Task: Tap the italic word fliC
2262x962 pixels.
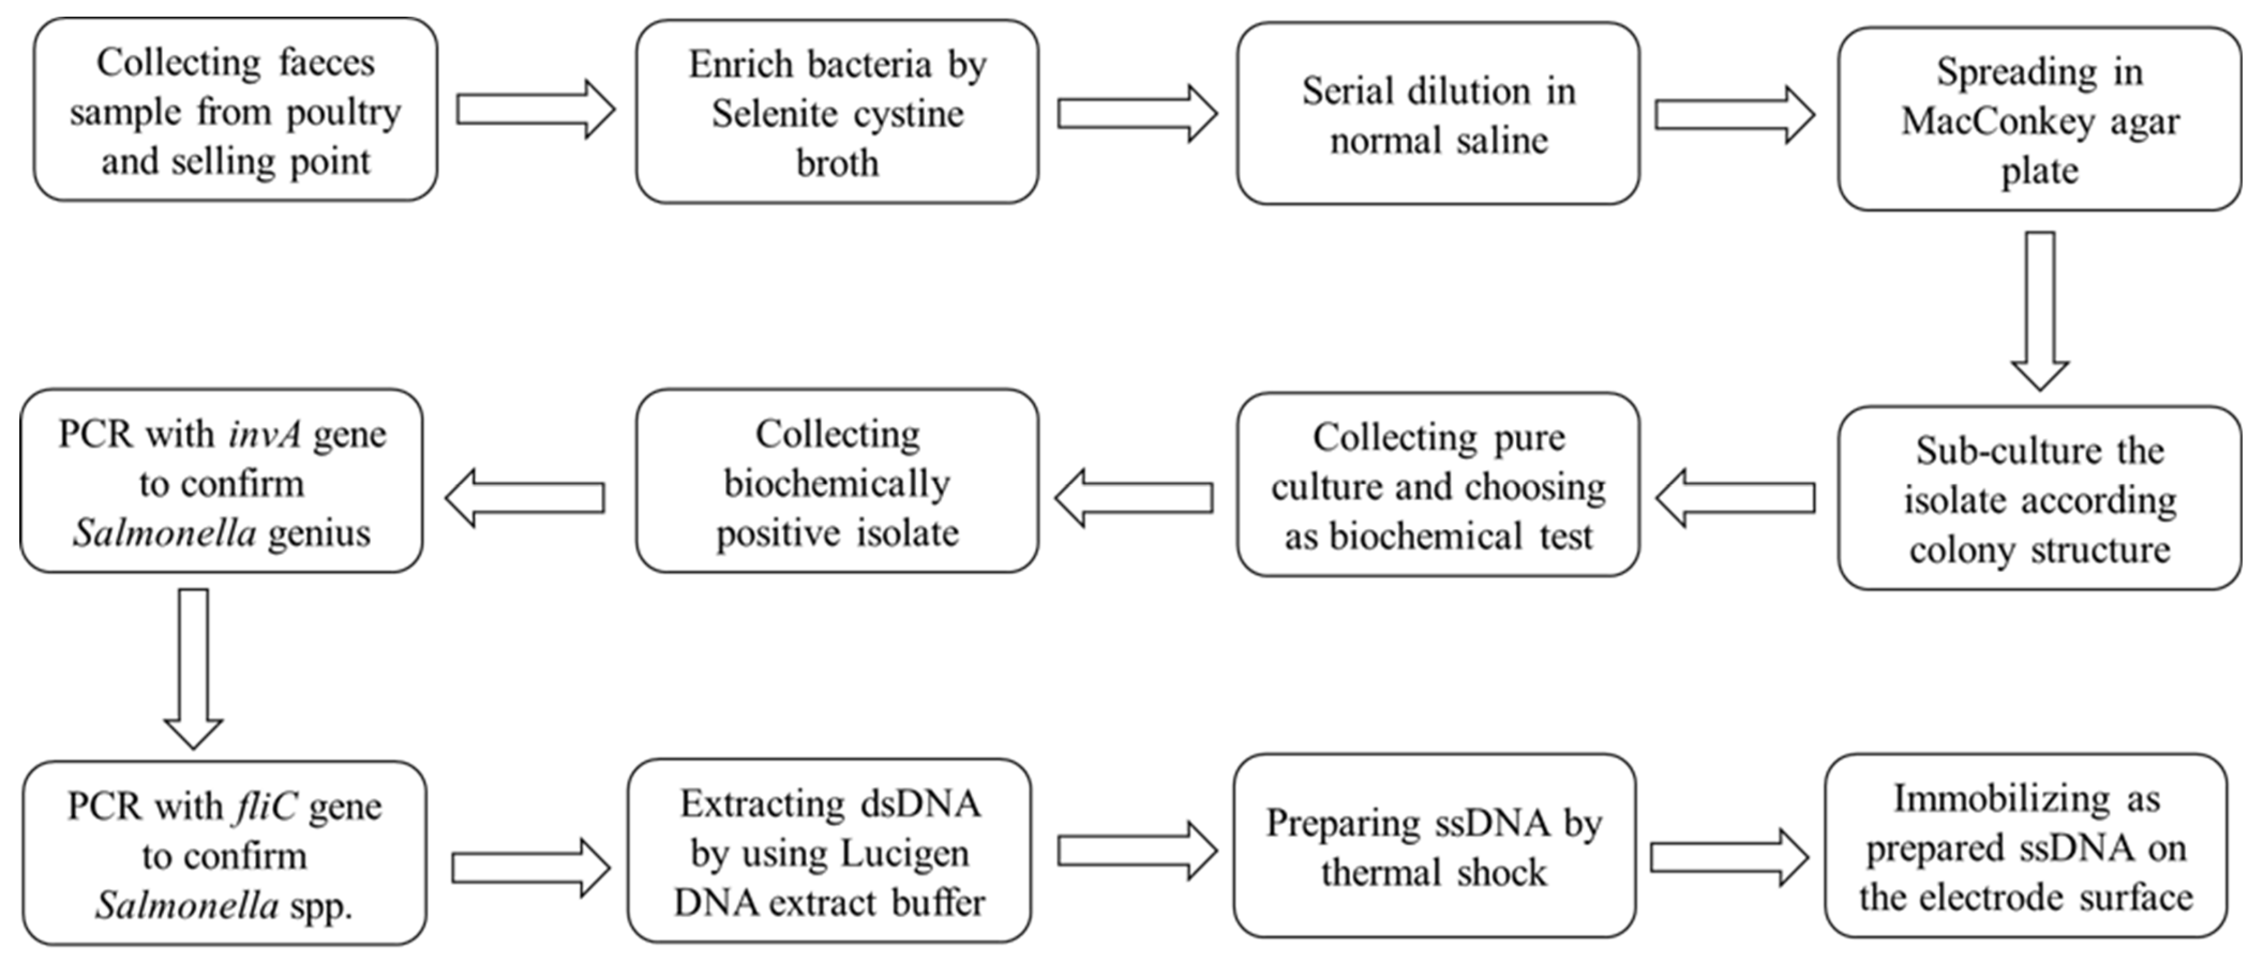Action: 265,806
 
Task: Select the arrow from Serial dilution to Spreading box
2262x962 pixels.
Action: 1734,115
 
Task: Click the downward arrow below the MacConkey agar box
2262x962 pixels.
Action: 2040,311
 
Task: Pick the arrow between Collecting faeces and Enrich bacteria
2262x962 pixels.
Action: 536,110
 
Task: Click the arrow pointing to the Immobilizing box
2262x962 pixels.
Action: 1730,857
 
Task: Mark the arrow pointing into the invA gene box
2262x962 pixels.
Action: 524,498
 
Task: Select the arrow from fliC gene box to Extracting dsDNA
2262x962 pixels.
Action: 531,868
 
